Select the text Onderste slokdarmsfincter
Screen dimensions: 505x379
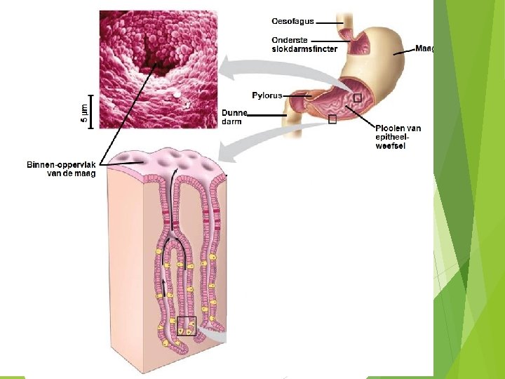[304, 44]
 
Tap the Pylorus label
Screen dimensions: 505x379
[267, 95]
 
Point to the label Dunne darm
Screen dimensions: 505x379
[234, 117]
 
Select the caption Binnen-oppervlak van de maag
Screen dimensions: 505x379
[61, 168]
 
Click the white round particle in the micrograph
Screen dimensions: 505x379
[177, 93]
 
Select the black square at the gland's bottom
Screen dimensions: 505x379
[186, 326]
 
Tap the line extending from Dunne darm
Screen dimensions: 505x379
[267, 116]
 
